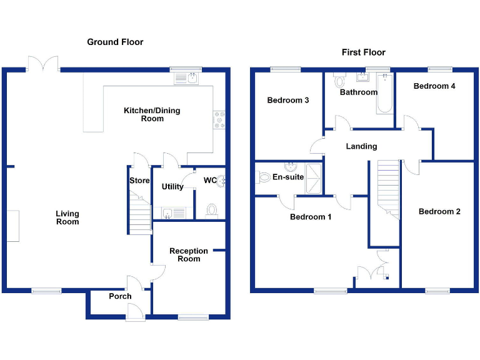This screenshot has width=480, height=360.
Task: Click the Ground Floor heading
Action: [x=115, y=42]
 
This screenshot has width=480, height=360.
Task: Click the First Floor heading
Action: [x=363, y=52]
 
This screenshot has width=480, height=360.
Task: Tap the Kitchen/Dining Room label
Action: [x=152, y=114]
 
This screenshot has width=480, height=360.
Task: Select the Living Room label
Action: [x=67, y=217]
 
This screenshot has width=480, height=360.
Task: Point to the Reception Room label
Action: [x=189, y=255]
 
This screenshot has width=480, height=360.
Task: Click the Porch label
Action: [x=120, y=296]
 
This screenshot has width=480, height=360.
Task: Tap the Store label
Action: [x=139, y=181]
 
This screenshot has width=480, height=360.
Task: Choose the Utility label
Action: [x=172, y=186]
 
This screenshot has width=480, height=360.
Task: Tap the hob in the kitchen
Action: [x=219, y=119]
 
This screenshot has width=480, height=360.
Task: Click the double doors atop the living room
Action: [x=43, y=63]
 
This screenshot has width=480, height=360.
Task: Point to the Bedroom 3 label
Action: [x=288, y=100]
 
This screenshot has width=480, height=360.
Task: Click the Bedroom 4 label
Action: [x=434, y=86]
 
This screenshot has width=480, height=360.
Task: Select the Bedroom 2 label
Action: [x=439, y=211]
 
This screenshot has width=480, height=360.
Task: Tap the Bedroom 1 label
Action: [x=311, y=217]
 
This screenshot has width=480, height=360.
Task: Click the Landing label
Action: [x=362, y=146]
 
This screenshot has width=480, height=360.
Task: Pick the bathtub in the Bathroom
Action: [x=384, y=93]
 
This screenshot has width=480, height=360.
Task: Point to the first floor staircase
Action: [x=388, y=188]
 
